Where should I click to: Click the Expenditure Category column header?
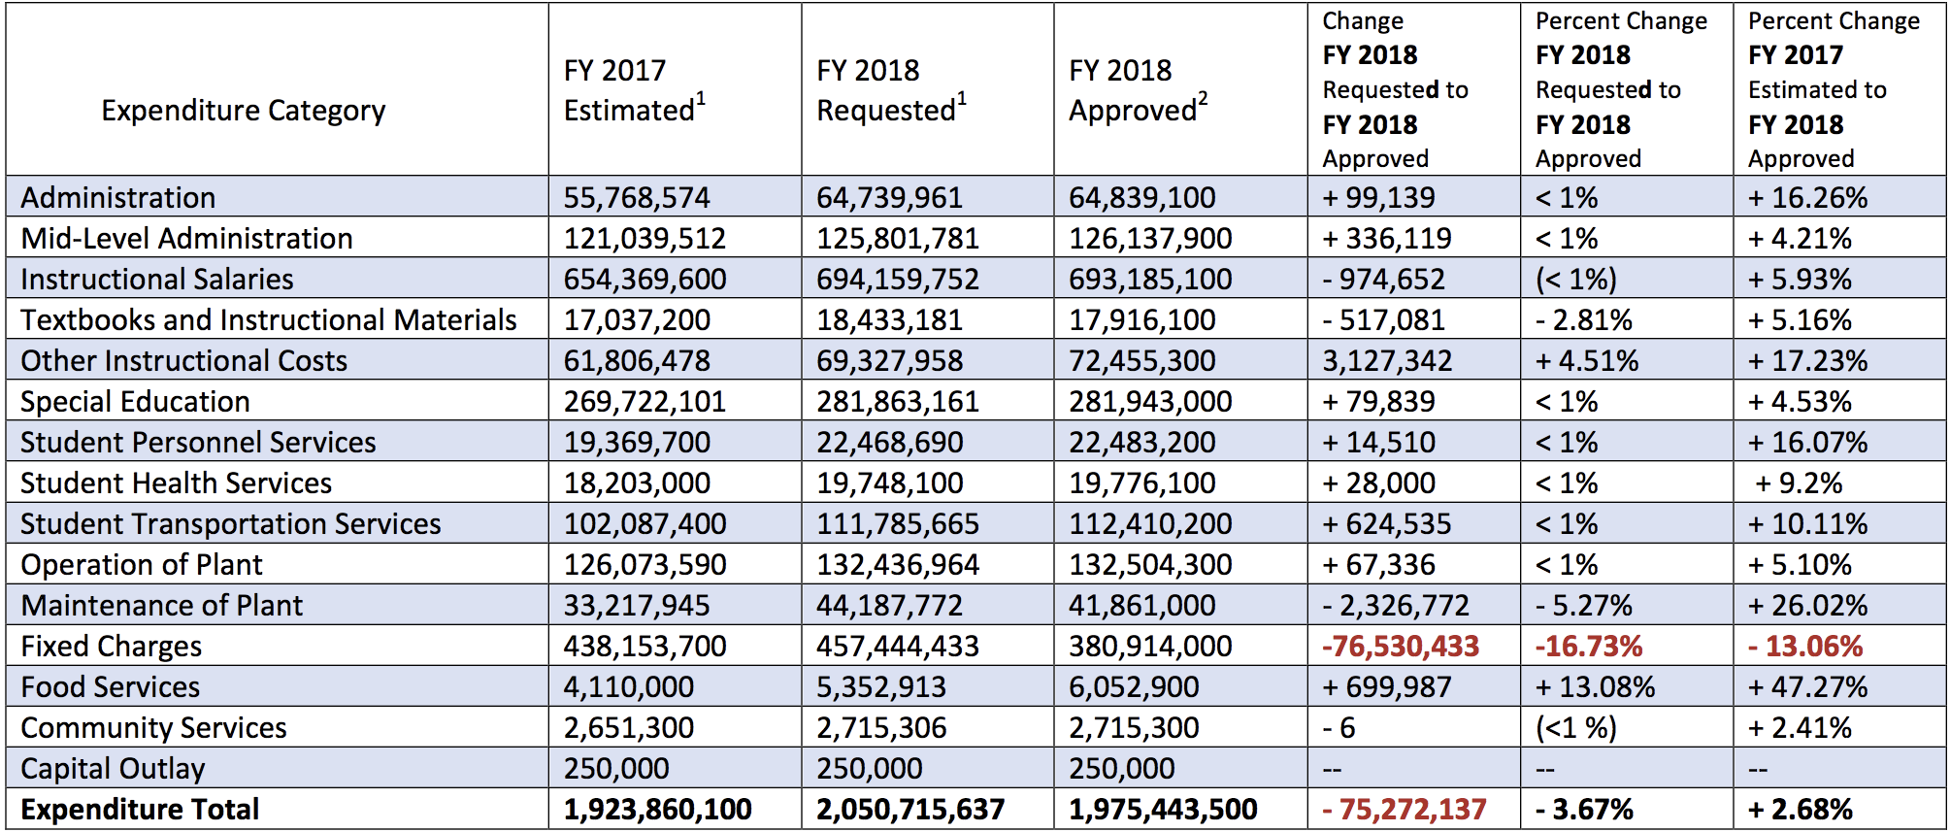pyautogui.click(x=243, y=111)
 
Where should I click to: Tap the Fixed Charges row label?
pyautogui.click(x=112, y=647)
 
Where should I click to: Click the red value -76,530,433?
pyautogui.click(x=1401, y=647)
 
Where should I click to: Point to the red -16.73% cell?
pyautogui.click(x=1589, y=647)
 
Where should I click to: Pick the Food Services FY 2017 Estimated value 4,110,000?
pyautogui.click(x=628, y=687)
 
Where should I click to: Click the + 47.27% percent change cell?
pyautogui.click(x=1807, y=687)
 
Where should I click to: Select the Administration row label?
pyautogui.click(x=118, y=198)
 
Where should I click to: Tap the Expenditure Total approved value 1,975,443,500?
pyautogui.click(x=1163, y=810)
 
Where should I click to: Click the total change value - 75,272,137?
pyautogui.click(x=1404, y=810)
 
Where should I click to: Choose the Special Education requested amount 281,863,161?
pyautogui.click(x=898, y=402)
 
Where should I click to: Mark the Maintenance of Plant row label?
pyautogui.click(x=162, y=606)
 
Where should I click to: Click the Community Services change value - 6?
pyautogui.click(x=1339, y=728)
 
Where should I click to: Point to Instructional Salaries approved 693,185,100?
pyautogui.click(x=1150, y=280)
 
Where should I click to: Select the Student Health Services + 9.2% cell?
pyautogui.click(x=1799, y=483)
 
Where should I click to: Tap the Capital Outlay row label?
pyautogui.click(x=113, y=769)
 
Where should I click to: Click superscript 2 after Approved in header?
pyautogui.click(x=1203, y=98)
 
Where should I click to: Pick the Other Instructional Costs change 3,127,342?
pyautogui.click(x=1387, y=361)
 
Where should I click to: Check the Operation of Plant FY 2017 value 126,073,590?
pyautogui.click(x=644, y=565)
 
